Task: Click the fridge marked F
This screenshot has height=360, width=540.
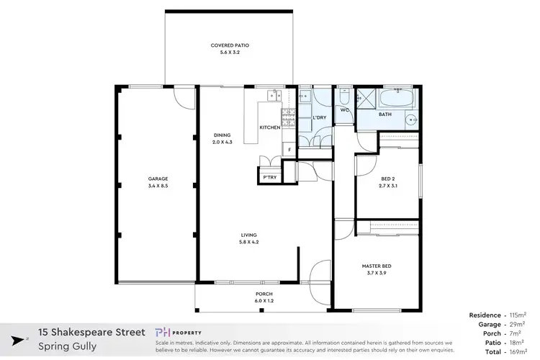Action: [289, 150]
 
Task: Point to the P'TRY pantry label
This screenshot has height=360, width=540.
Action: [270, 177]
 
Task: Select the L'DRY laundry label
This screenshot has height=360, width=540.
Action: [320, 117]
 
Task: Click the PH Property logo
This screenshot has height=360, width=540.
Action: [184, 333]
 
